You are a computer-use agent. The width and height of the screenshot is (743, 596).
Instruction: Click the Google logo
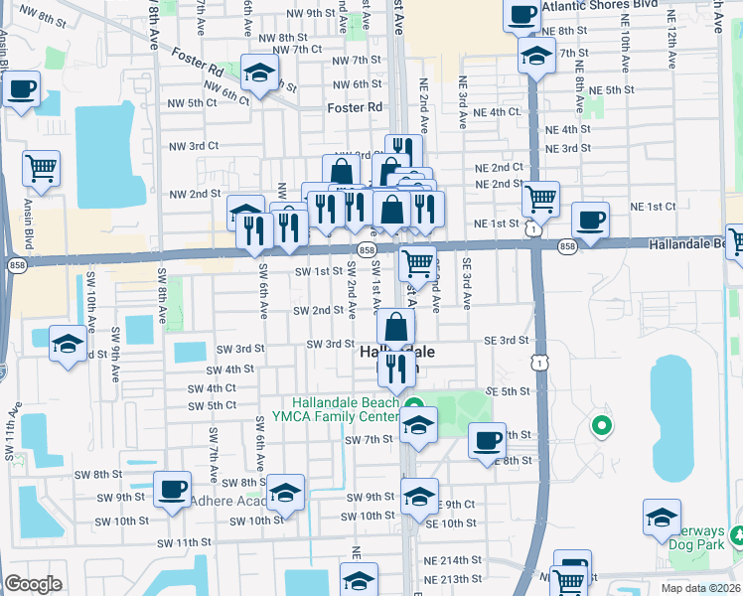pos(34,583)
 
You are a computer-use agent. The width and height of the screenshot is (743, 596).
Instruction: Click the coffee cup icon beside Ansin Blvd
pos(22,89)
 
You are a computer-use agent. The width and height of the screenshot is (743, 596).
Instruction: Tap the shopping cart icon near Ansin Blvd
pos(42,169)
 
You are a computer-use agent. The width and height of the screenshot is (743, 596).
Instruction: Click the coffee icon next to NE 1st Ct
pos(591,220)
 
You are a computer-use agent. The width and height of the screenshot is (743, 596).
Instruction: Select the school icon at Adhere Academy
pos(285,492)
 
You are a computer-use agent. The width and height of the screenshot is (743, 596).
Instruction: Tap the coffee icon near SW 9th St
pos(173,489)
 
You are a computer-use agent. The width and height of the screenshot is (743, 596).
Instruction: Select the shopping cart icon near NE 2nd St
pos(540,199)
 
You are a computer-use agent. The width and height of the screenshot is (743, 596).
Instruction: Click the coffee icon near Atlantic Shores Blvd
pos(522,14)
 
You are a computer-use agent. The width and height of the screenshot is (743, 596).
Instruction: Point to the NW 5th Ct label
pos(192,102)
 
